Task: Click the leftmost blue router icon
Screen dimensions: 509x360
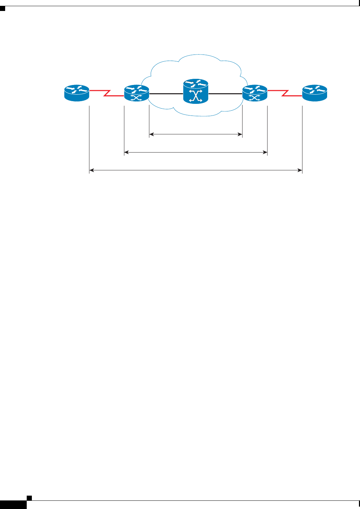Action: pos(77,93)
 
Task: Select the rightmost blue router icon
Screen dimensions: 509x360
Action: pos(314,93)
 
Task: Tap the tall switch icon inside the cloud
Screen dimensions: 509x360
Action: pos(196,91)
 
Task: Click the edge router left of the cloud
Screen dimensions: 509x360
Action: pos(136,93)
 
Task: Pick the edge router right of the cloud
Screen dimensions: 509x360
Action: pos(255,93)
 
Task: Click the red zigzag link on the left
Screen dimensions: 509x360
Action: pos(107,93)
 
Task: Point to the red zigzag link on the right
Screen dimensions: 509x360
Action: pos(285,93)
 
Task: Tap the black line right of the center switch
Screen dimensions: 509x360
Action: pos(225,93)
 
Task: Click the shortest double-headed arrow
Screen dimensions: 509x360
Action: pos(196,134)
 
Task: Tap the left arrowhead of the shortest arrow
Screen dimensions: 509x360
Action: pos(151,134)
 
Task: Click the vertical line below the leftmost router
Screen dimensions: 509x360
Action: pos(89,137)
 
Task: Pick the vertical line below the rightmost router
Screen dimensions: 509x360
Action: pos(302,137)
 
